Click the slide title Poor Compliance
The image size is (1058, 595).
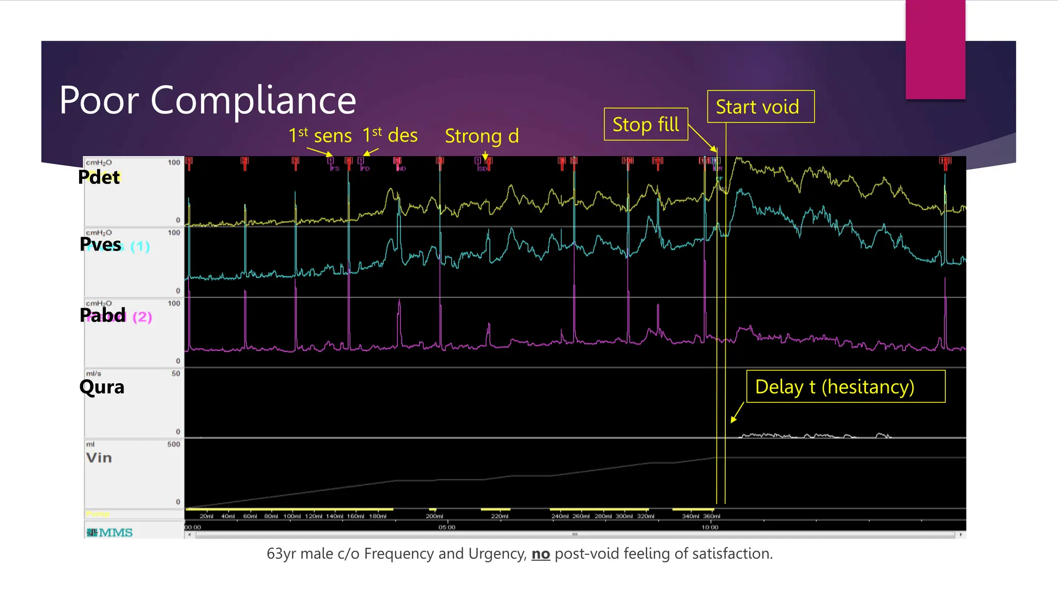click(208, 100)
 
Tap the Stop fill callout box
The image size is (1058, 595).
click(646, 124)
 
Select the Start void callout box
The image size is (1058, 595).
click(760, 107)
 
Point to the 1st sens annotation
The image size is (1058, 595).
click(320, 136)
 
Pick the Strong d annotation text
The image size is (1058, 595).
click(481, 136)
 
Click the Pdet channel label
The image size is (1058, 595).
click(99, 177)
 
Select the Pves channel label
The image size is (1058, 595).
click(101, 244)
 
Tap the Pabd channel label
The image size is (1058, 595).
click(103, 315)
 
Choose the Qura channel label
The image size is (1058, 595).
click(102, 387)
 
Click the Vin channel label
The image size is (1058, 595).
click(99, 458)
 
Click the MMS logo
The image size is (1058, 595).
click(110, 533)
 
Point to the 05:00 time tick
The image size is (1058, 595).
click(447, 527)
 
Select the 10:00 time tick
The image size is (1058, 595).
click(710, 527)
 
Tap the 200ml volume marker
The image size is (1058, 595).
click(434, 516)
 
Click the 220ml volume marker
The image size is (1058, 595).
click(500, 516)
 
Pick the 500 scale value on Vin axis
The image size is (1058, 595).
click(174, 444)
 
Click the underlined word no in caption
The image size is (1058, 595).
click(540, 554)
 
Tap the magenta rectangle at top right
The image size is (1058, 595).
click(935, 50)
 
